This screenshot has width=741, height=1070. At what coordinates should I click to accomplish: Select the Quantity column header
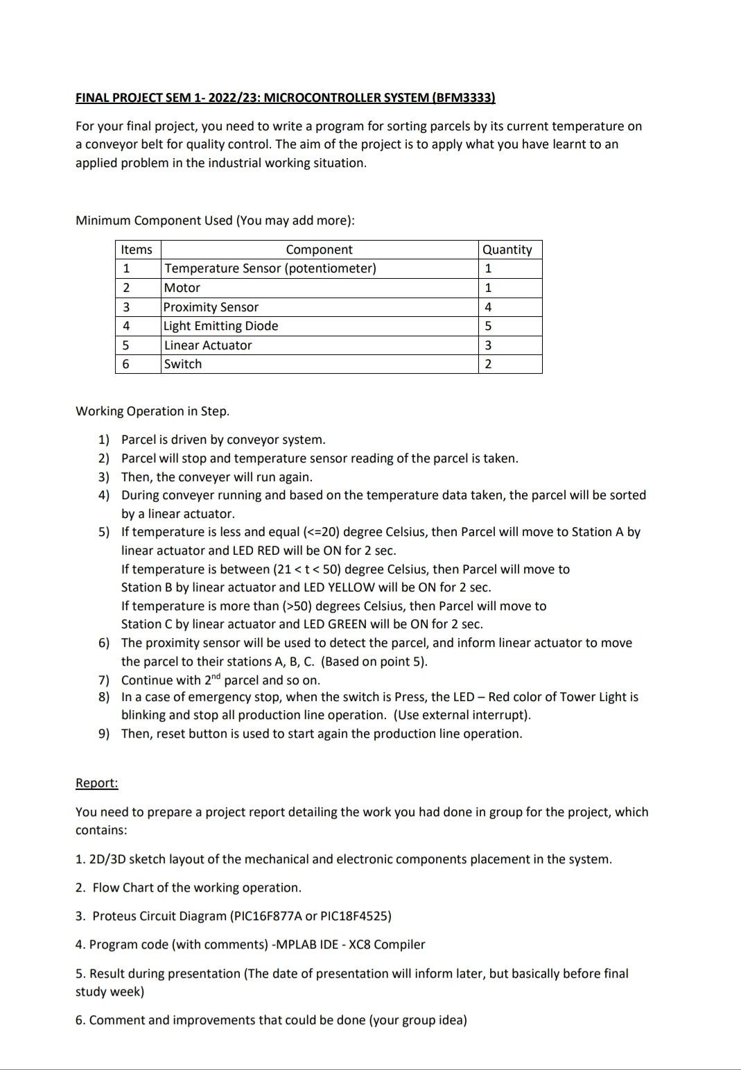point(507,250)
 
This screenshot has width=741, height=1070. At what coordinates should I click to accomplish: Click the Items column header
point(137,250)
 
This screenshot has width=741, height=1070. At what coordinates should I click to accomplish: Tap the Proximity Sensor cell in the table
point(211,307)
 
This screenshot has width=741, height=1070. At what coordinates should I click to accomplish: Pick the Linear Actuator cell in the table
point(208,345)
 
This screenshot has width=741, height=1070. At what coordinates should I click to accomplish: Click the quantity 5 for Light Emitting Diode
point(488,326)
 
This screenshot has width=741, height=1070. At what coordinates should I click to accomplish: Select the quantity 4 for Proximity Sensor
point(488,307)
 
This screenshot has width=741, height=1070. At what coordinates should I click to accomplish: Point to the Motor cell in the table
point(182,288)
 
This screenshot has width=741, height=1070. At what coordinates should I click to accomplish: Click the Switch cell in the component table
point(183,364)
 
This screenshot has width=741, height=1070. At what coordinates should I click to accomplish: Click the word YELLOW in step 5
point(351,587)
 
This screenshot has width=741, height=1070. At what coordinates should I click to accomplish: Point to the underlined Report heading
point(96,783)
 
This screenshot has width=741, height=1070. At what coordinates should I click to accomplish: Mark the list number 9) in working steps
point(104,734)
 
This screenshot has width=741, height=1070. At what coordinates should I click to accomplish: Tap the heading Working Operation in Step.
point(152,411)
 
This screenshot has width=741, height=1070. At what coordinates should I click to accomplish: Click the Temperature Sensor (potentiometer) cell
point(270,268)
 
